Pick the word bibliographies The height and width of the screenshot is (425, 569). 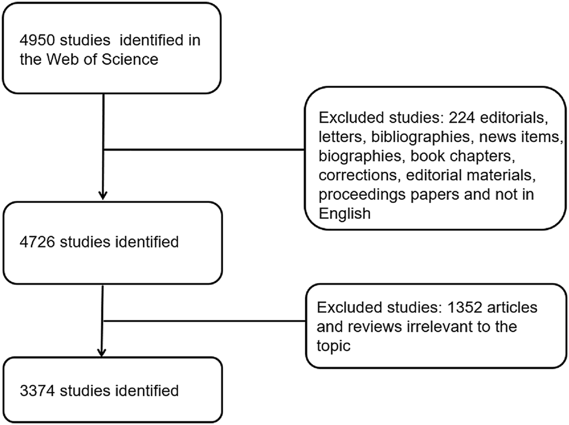pos(402,138)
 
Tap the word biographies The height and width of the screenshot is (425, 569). pos(354,157)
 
